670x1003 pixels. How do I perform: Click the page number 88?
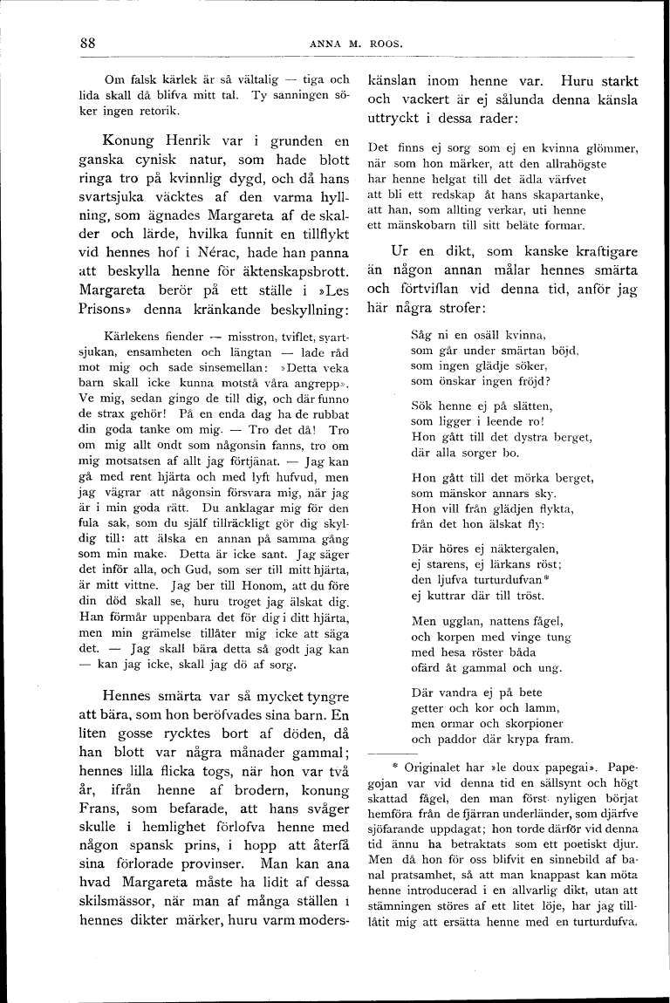click(x=86, y=43)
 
